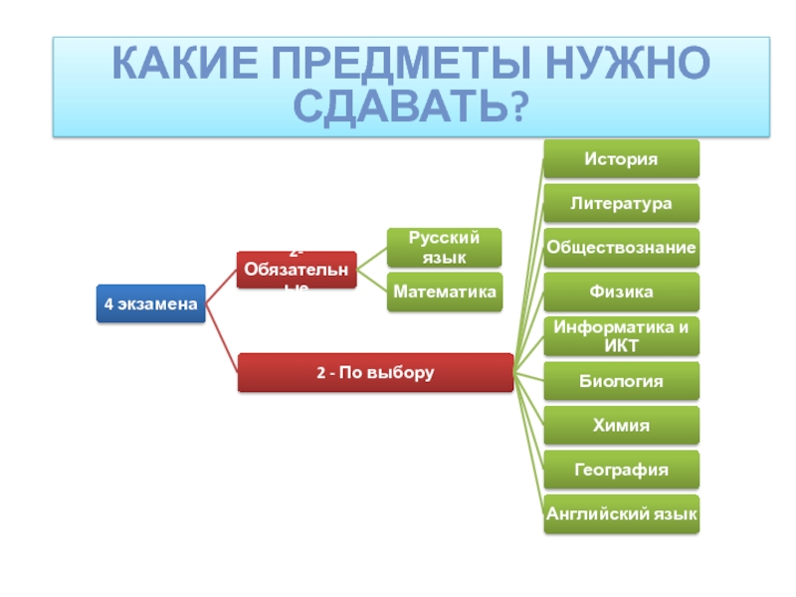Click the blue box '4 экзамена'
(x=150, y=303)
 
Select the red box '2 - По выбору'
(x=375, y=373)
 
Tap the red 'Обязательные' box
(x=296, y=271)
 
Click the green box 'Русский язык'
(x=444, y=248)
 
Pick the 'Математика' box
(x=444, y=292)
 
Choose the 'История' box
(x=621, y=159)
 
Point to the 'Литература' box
(x=621, y=203)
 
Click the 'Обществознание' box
(x=621, y=247)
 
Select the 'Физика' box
(x=621, y=292)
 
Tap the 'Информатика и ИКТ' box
(x=621, y=336)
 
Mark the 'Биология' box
(x=621, y=380)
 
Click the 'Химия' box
(x=621, y=425)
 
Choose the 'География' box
(x=621, y=469)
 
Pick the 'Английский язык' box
(x=621, y=513)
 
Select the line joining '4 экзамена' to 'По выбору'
(x=221, y=338)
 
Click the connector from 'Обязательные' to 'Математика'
(x=371, y=282)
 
